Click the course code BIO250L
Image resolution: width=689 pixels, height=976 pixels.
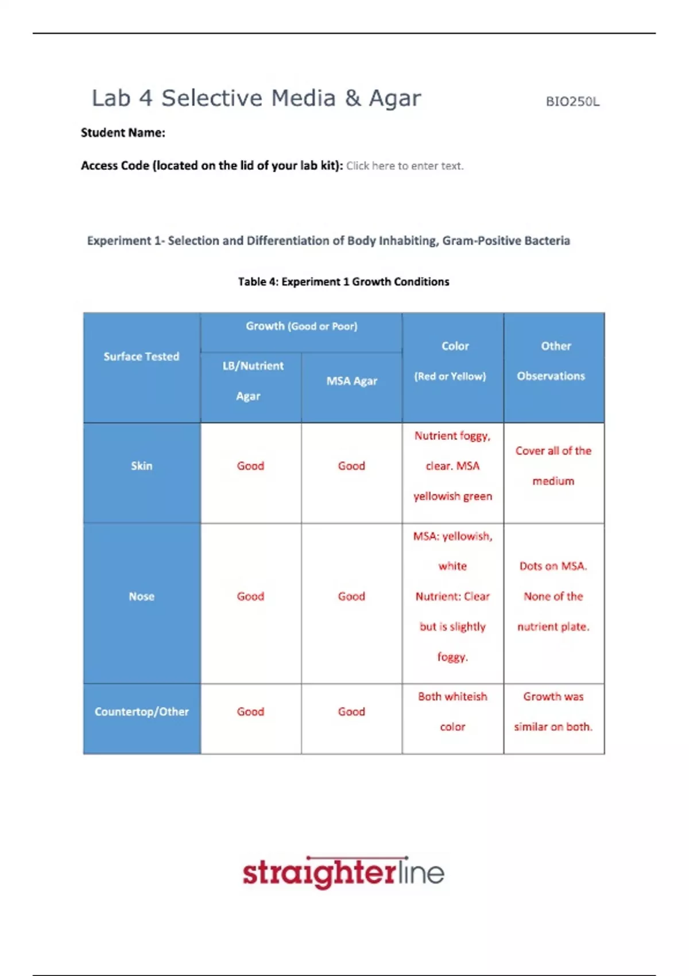click(x=572, y=102)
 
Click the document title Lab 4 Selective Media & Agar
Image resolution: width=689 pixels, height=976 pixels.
click(x=256, y=98)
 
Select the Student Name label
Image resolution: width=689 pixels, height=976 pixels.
click(x=123, y=133)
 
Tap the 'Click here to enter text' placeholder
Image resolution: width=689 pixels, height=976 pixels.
click(x=405, y=166)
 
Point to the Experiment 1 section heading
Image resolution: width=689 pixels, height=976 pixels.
click(x=328, y=241)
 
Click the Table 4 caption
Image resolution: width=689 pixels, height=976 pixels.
click(x=343, y=282)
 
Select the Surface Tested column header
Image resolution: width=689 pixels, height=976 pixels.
click(x=141, y=357)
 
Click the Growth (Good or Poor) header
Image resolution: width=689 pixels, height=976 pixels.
click(x=301, y=326)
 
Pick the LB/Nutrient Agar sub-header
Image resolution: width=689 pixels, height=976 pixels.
click(x=252, y=381)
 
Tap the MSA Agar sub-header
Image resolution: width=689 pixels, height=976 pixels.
click(x=351, y=381)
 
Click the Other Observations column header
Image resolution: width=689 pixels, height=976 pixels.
click(x=553, y=361)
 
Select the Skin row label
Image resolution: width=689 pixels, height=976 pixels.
click(x=141, y=466)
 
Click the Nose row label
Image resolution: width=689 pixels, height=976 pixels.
click(x=141, y=597)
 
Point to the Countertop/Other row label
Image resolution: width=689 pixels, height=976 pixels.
click(x=141, y=711)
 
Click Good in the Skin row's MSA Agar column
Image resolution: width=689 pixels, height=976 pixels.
click(x=351, y=466)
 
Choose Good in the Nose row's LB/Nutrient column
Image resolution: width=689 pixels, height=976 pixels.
click(x=250, y=597)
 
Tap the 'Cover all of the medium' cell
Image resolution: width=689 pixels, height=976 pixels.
click(x=553, y=466)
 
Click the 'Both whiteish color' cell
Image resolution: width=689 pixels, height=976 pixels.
click(x=452, y=711)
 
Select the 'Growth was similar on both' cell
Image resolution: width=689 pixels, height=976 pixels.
click(x=553, y=711)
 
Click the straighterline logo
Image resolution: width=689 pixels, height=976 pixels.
click(x=343, y=873)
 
